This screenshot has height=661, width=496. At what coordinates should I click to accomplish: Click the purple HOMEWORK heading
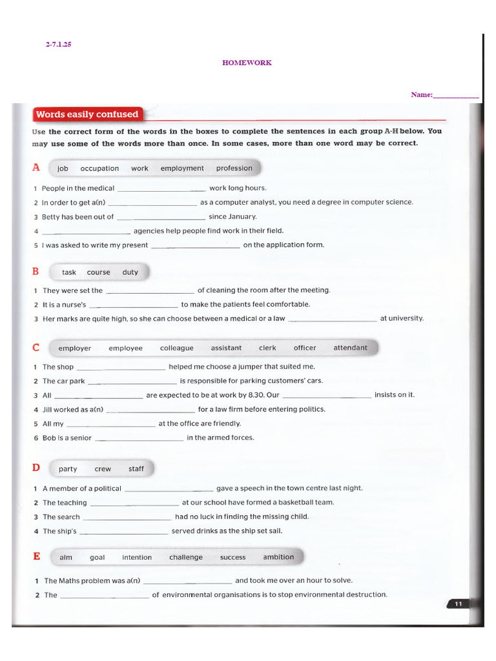(247, 63)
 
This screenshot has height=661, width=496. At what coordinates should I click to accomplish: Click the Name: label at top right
(422, 95)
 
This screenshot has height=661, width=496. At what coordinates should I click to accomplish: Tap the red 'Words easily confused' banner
(87, 115)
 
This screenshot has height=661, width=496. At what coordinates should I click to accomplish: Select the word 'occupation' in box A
(99, 168)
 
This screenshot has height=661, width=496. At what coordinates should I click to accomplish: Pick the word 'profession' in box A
(234, 168)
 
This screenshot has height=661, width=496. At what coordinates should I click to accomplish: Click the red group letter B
(36, 271)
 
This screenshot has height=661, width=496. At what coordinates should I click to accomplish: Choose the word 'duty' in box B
(130, 272)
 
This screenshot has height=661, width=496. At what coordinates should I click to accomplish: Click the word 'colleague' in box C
(177, 348)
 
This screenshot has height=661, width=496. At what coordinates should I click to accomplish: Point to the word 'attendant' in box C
(350, 348)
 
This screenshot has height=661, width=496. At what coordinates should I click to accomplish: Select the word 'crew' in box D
(103, 469)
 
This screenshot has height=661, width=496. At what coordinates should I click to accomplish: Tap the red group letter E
(37, 556)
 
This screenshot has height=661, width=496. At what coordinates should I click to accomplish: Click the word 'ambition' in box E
(278, 557)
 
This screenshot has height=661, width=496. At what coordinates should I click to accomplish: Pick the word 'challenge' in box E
(186, 558)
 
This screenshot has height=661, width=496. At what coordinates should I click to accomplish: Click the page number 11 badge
(459, 604)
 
